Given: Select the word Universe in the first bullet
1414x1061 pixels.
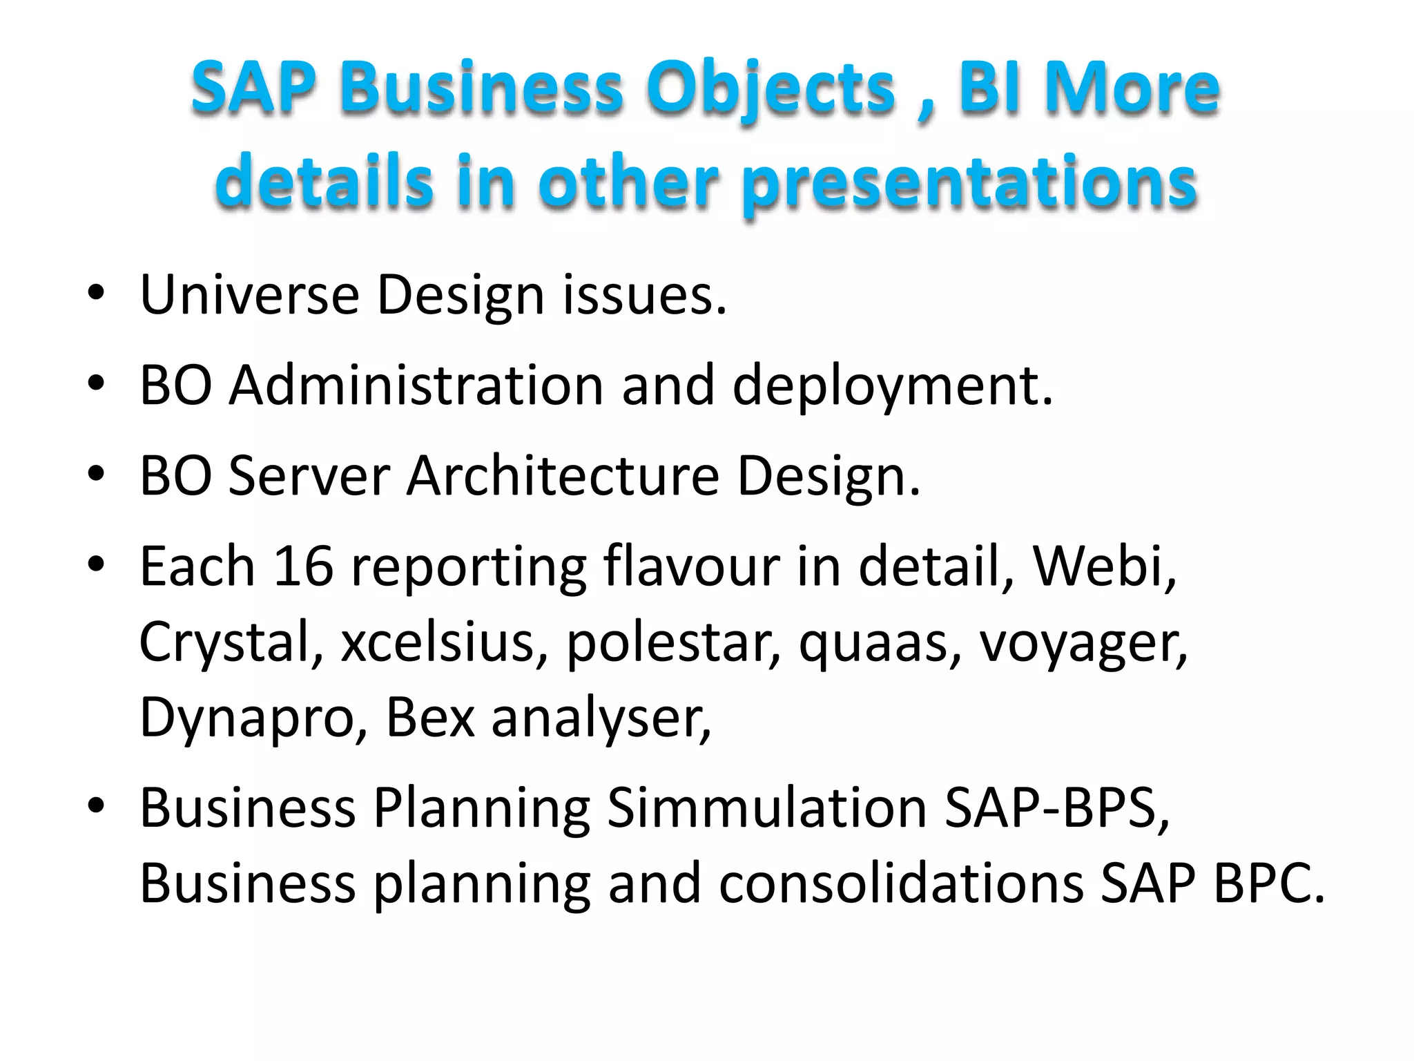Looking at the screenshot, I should click(x=249, y=295).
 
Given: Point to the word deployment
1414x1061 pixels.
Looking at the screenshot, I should click(x=891, y=387).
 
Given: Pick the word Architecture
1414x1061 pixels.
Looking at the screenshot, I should click(x=563, y=476).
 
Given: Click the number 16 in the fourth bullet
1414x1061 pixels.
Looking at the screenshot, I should click(x=303, y=566).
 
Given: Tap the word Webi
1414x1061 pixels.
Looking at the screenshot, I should click(x=1103, y=566).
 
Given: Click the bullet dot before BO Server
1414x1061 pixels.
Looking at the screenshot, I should click(x=96, y=475).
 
